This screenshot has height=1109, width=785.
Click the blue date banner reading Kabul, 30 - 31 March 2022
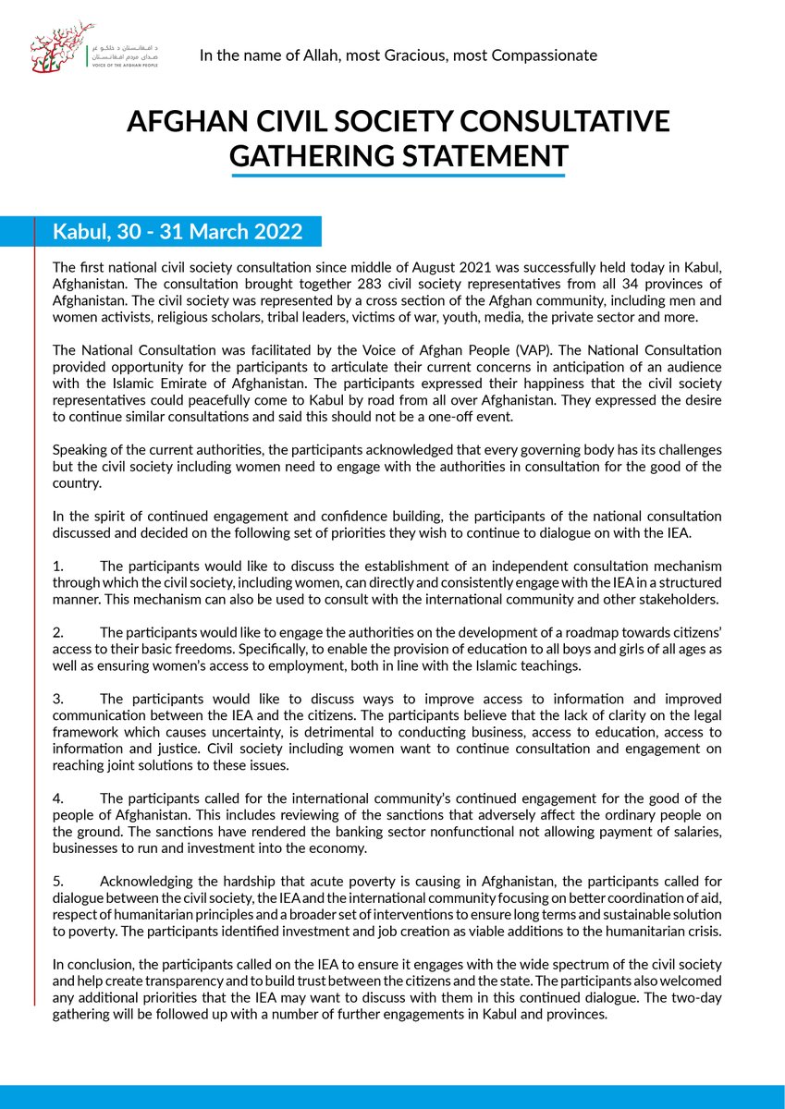tap(176, 231)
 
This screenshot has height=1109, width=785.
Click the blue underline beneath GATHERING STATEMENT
tap(398, 175)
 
